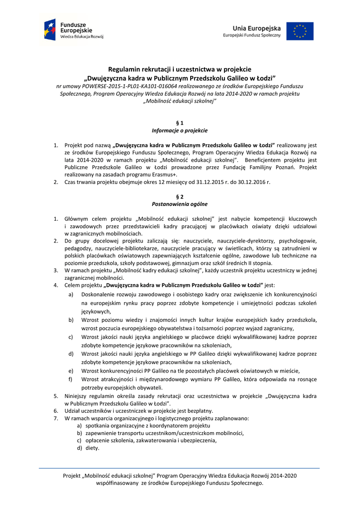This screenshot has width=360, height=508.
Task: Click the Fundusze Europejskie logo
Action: click(73, 30)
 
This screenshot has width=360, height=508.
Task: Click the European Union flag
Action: click(299, 31)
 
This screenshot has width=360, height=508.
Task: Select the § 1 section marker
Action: click(180, 122)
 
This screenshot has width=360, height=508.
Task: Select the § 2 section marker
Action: click(180, 196)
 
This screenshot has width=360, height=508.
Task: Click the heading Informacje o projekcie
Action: click(180, 130)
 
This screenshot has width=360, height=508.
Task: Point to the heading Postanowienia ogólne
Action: click(180, 204)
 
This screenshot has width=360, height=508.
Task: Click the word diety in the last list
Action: click(92, 448)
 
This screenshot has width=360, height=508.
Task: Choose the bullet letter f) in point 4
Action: click(71, 379)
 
